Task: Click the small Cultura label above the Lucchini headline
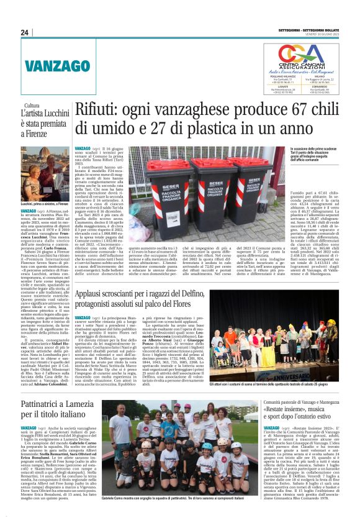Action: coord(30,88)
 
